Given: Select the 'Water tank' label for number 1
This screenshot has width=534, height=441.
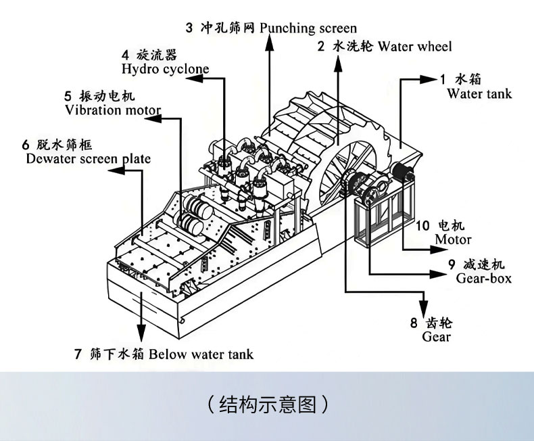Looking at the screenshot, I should pos(479,93).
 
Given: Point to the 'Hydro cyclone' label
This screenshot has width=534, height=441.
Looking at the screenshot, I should pos(165,68).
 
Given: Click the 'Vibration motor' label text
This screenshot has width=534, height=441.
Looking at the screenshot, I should pos(112,110).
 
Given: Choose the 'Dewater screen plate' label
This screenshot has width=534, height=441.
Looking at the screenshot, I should pos(88,159).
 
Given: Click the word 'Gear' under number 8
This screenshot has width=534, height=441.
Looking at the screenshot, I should pos(436,336).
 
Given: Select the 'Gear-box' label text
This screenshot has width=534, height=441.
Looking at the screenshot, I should pos(483,278).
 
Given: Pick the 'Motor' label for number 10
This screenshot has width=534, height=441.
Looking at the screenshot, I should pos(453,239).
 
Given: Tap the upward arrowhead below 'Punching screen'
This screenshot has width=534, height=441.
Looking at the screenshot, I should pos(269,42).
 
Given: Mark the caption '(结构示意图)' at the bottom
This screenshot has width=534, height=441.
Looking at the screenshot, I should pos(268,404).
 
